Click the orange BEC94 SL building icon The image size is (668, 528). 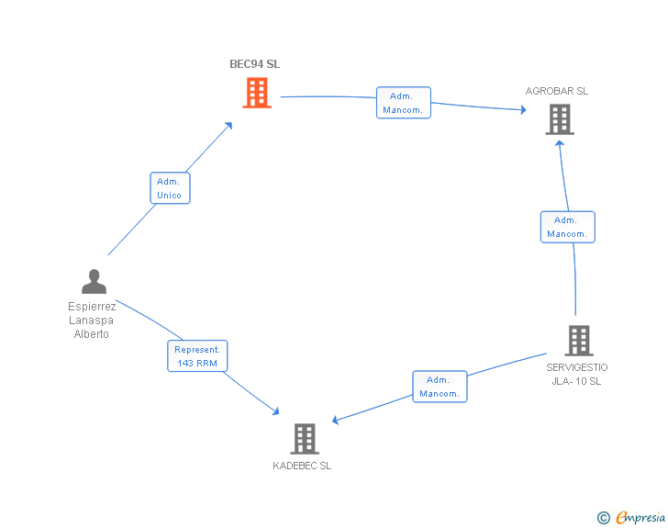(x=257, y=93)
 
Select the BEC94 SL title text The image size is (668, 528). (x=255, y=64)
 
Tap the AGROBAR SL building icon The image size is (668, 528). (x=560, y=120)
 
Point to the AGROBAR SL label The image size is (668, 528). (x=557, y=91)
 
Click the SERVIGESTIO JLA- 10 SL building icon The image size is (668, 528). (x=579, y=341)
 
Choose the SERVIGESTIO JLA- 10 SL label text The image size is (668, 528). (x=577, y=374)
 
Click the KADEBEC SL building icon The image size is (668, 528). (x=305, y=438)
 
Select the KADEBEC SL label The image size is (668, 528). (x=302, y=466)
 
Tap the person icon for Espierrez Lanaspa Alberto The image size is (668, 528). (x=94, y=282)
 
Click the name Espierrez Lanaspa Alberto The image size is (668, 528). (x=92, y=320)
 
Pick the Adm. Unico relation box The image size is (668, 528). (x=170, y=188)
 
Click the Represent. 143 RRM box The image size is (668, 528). (x=197, y=355)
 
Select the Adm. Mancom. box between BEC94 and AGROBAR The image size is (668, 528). (x=404, y=102)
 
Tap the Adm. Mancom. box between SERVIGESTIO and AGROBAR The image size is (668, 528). (x=567, y=227)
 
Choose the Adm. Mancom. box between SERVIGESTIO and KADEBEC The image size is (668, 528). (x=440, y=387)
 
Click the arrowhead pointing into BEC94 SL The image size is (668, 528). (x=229, y=126)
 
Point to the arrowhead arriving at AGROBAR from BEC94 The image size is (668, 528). (x=524, y=109)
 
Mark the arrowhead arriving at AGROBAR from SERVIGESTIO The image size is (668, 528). (x=560, y=144)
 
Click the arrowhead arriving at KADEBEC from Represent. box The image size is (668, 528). (x=276, y=411)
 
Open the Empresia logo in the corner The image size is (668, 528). (x=631, y=517)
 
